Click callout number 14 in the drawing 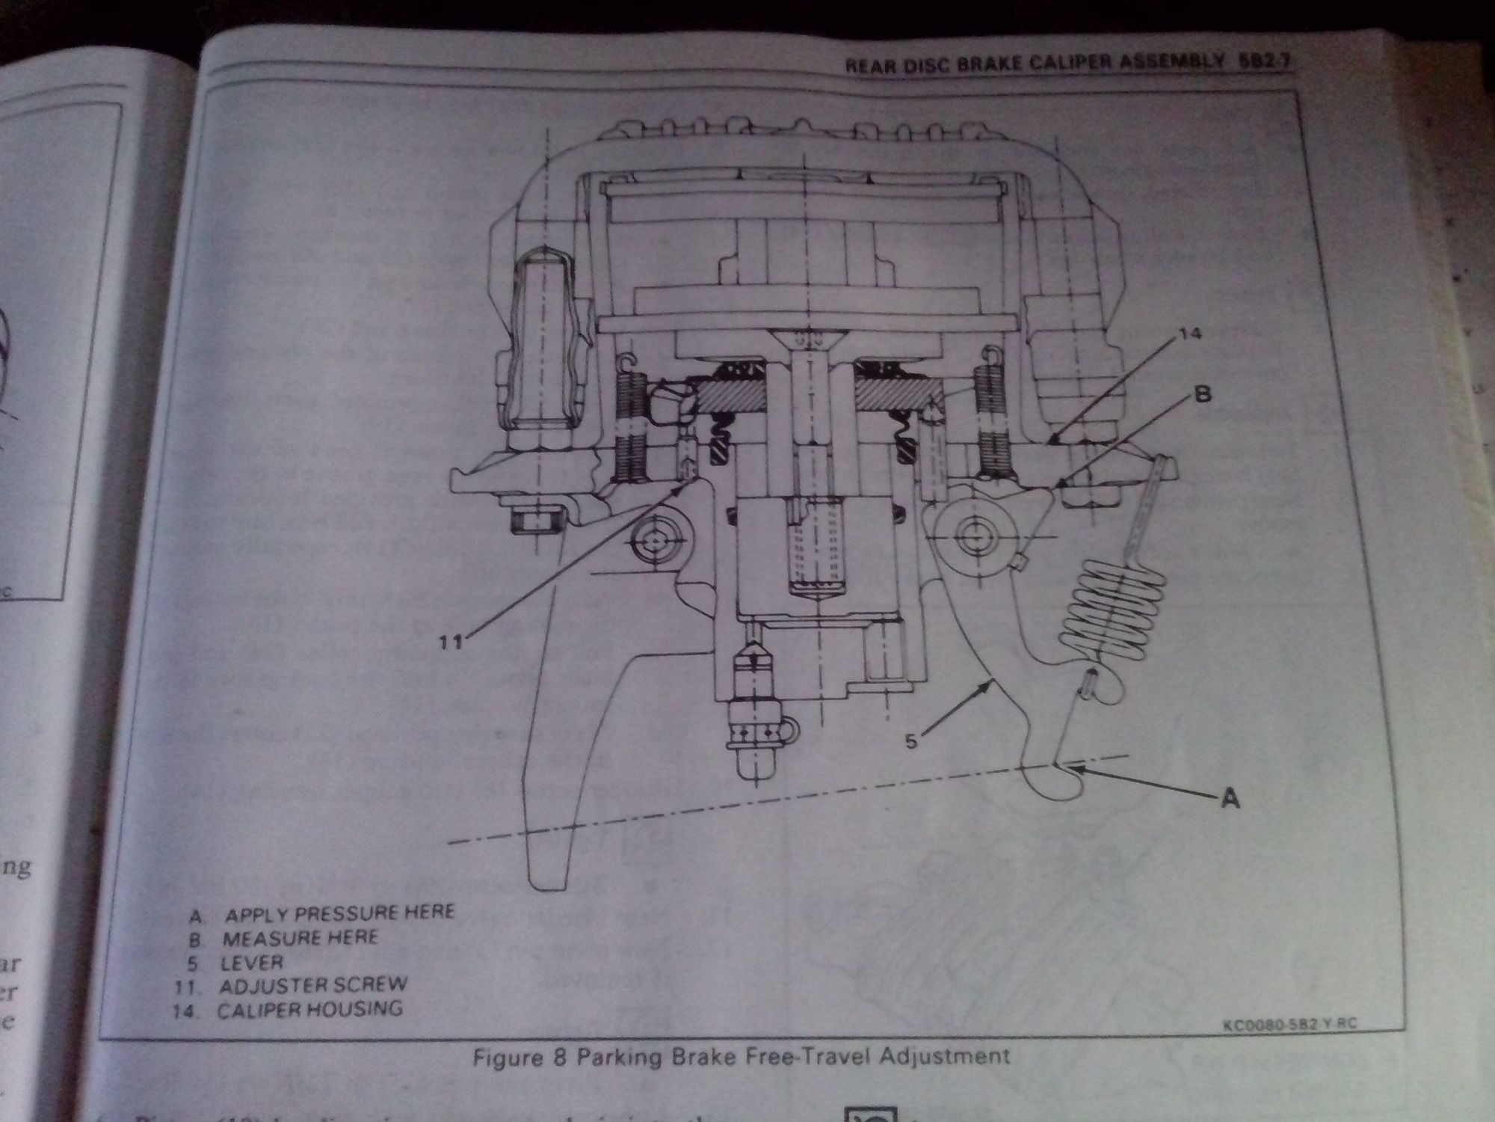(x=1191, y=334)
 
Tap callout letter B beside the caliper (x=1202, y=394)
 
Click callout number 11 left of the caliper (x=451, y=640)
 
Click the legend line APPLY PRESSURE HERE (x=339, y=913)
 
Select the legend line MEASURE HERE (x=300, y=938)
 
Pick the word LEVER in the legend (x=253, y=962)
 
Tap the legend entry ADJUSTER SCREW (x=313, y=985)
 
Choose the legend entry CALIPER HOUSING (x=309, y=1009)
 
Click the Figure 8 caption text (x=741, y=1056)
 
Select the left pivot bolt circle (x=656, y=539)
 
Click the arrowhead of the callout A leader (x=1070, y=767)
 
